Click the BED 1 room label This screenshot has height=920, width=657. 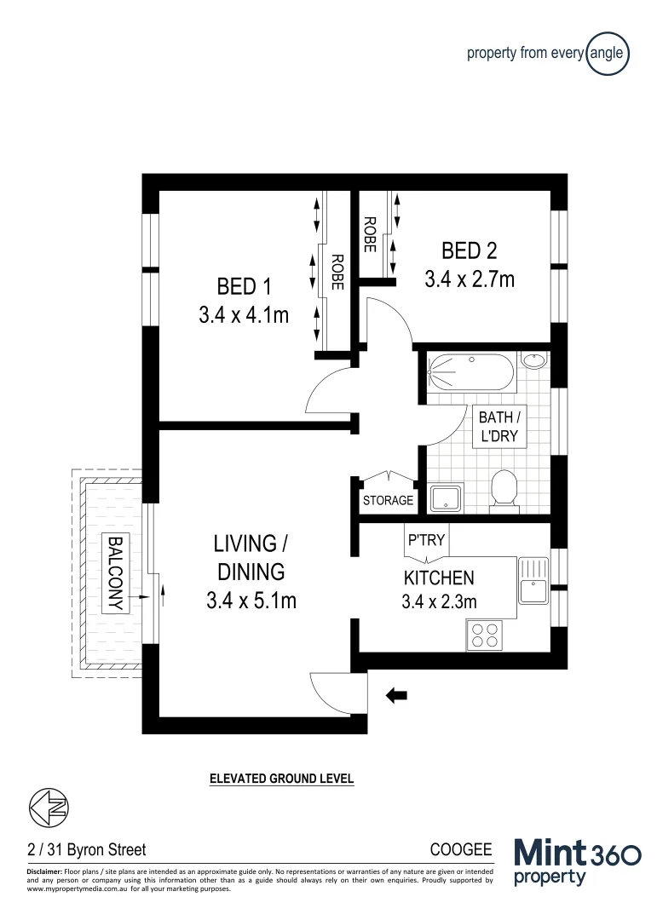click(243, 284)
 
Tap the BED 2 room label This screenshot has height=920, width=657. click(469, 250)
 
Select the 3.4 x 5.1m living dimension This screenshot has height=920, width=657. click(251, 600)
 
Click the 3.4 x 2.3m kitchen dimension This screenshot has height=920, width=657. click(439, 602)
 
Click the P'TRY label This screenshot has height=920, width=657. click(425, 539)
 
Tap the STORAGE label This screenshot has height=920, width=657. click(388, 500)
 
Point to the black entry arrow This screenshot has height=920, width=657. click(396, 696)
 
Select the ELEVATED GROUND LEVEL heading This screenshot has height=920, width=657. click(281, 779)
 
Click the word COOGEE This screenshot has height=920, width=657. click(461, 849)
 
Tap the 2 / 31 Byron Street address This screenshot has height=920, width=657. click(86, 849)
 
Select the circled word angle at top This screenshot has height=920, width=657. click(608, 54)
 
